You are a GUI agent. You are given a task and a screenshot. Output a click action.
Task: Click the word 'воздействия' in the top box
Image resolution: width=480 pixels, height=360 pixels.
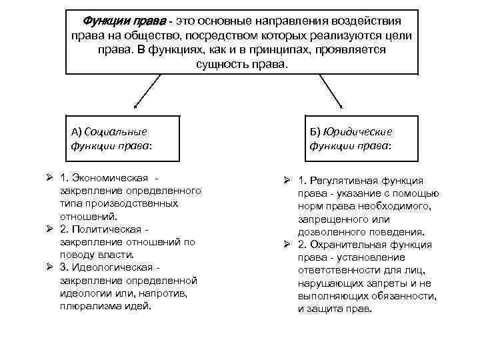pyautogui.click(x=365, y=20)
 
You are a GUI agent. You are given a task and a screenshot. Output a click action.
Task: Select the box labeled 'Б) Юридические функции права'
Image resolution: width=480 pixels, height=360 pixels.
pyautogui.click(x=360, y=138)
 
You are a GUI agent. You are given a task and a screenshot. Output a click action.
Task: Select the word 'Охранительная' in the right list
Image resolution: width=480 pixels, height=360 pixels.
pyautogui.click(x=355, y=245)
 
